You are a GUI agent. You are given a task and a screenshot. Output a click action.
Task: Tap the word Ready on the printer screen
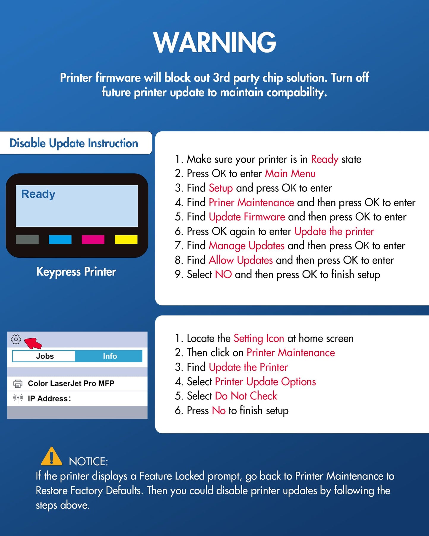click(x=38, y=194)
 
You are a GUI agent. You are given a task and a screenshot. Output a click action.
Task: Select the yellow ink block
click(x=126, y=239)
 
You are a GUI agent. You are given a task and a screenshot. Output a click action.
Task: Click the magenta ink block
click(x=93, y=239)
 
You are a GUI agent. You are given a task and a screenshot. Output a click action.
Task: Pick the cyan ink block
click(x=60, y=239)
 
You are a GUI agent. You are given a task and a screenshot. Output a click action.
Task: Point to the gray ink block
click(x=27, y=239)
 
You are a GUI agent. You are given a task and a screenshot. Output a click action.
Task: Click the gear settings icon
click(x=16, y=339)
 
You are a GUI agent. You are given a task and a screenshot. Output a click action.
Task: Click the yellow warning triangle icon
click(x=51, y=456)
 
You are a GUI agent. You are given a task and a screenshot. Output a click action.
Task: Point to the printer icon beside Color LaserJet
click(x=18, y=383)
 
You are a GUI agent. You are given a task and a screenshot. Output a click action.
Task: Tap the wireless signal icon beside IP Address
click(x=18, y=398)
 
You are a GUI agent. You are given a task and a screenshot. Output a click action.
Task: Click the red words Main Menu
click(x=290, y=173)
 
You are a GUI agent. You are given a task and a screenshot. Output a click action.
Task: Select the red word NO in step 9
click(x=223, y=275)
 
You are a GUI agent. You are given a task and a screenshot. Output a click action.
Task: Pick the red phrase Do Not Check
click(x=246, y=396)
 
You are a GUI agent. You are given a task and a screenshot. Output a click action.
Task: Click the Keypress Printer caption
click(x=76, y=272)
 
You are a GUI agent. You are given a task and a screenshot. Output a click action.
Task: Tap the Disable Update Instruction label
click(x=74, y=143)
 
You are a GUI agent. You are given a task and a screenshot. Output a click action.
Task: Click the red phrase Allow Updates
click(x=241, y=260)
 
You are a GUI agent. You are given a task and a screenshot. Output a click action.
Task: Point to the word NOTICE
click(x=88, y=462)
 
